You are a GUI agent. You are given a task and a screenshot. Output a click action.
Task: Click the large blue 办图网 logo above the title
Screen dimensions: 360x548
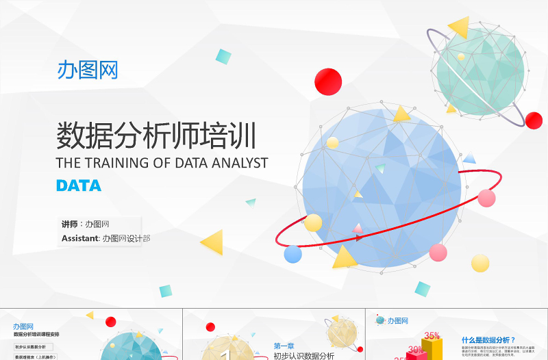pos(88,70)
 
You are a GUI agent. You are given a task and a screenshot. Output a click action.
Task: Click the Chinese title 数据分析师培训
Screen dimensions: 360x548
pos(156,136)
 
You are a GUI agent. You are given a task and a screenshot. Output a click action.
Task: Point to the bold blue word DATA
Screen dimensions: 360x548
pos(79,185)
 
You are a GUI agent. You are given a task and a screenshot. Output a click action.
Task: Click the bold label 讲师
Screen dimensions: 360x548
pos(69,224)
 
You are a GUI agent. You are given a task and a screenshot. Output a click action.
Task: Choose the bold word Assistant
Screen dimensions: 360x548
pos(79,239)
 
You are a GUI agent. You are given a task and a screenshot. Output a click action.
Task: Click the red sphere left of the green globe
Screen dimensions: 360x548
pos(328,82)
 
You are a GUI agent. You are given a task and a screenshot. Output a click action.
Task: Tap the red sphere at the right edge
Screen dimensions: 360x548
pos(534,120)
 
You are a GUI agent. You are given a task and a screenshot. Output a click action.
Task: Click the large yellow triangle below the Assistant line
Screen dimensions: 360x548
pos(213,241)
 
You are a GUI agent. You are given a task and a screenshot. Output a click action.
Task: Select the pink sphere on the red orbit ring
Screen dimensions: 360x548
pos(486,198)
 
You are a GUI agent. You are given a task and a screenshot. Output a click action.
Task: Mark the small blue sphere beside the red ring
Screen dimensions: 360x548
pos(293,254)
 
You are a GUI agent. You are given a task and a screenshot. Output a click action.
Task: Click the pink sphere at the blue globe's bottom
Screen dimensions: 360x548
pos(438,252)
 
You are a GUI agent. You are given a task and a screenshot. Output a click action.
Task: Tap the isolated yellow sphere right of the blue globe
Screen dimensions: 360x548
pos(480,263)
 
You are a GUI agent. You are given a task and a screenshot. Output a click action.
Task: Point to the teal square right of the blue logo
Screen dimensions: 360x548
pos(223,56)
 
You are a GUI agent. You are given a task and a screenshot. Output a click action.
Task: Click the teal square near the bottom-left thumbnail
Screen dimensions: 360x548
pos(165,291)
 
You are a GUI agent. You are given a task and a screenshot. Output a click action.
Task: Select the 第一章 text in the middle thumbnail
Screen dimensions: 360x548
pos(284,346)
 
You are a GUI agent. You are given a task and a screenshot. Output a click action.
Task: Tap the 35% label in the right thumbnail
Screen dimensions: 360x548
pos(432,336)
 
